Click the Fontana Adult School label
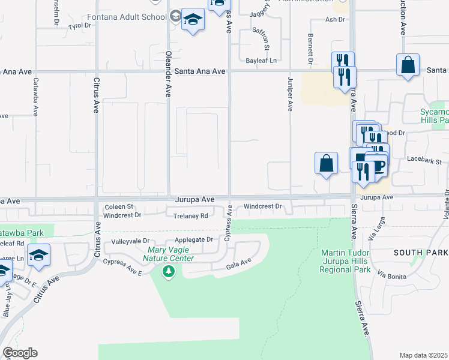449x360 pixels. click(127, 17)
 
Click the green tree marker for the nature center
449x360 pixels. click(169, 272)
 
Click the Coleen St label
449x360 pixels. click(119, 206)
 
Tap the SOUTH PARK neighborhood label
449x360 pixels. click(421, 253)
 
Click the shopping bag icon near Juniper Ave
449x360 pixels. click(325, 163)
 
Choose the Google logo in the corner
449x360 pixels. click(20, 353)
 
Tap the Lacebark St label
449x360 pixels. click(424, 161)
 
